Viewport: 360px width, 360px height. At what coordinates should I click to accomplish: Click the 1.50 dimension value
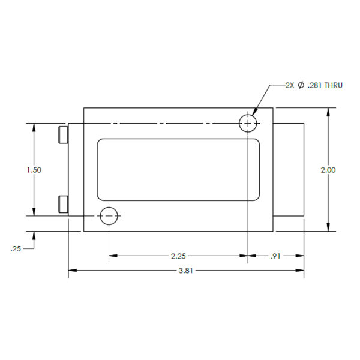(x=34, y=170)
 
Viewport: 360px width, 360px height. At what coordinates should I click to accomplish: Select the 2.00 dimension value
(x=328, y=170)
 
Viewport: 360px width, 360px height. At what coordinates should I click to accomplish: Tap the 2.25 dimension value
(x=178, y=256)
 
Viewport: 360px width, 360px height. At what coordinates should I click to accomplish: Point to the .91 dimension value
(x=275, y=256)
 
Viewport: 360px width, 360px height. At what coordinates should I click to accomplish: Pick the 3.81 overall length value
(x=186, y=271)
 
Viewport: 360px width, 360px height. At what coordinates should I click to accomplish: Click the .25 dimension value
(x=16, y=249)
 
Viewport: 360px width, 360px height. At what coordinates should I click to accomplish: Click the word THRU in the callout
(x=334, y=85)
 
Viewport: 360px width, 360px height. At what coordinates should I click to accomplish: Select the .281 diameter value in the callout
(x=315, y=85)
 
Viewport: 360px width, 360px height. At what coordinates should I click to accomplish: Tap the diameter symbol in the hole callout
(x=301, y=85)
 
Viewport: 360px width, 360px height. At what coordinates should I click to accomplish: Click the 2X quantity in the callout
(x=290, y=85)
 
